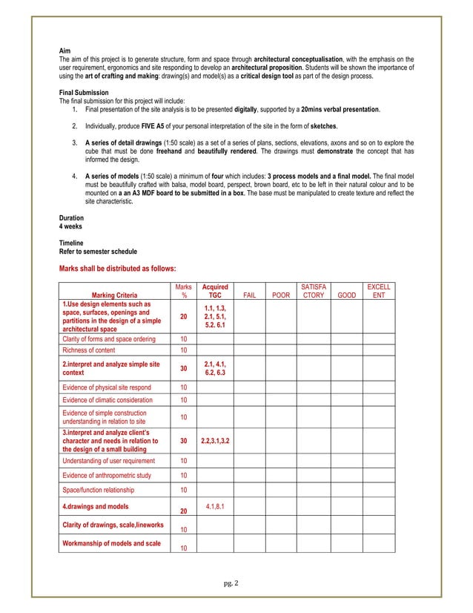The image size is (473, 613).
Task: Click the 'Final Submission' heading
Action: point(83,92)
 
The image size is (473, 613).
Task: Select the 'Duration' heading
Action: point(71,217)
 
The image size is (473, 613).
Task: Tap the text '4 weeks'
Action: point(71,226)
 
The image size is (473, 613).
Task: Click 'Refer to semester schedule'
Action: point(99,251)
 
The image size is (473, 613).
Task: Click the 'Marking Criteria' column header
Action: point(115,295)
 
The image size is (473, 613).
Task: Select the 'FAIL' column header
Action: point(250,295)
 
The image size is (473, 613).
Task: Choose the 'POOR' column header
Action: point(281,295)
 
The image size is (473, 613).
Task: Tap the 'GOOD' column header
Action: point(345,295)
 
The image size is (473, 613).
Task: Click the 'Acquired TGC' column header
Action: point(215,290)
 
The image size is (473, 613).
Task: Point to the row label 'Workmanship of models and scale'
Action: point(111,544)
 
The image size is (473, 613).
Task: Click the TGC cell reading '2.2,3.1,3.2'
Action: point(215,440)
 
